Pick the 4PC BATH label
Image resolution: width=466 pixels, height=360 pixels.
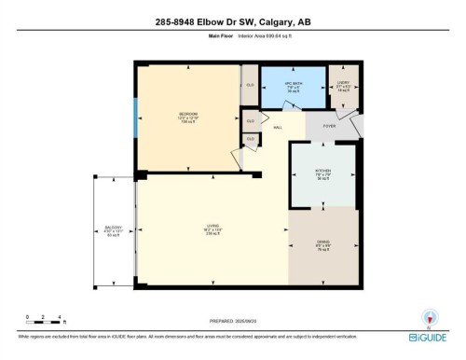(x=293, y=86)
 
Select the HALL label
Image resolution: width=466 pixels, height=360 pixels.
(x=277, y=129)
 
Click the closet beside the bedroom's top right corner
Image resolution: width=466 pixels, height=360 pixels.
(x=250, y=83)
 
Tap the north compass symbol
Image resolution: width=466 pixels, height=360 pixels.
(x=429, y=316)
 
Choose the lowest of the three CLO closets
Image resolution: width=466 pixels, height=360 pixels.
(x=250, y=139)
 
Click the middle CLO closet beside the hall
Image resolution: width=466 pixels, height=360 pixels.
(x=250, y=120)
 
